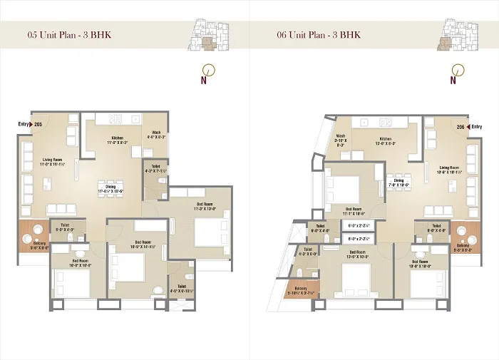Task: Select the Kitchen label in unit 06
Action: pos(386,141)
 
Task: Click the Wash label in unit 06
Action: pos(341,138)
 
